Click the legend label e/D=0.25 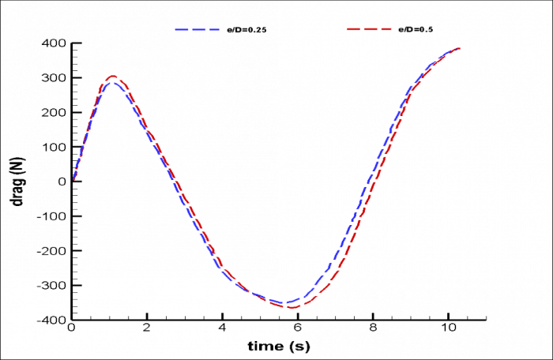[261, 29]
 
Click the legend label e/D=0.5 [416, 29]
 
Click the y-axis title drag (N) [17, 181]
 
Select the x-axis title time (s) [279, 346]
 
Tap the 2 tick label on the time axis [147, 328]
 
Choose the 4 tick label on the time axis [222, 328]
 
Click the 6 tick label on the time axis [297, 328]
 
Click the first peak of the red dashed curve [112, 77]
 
